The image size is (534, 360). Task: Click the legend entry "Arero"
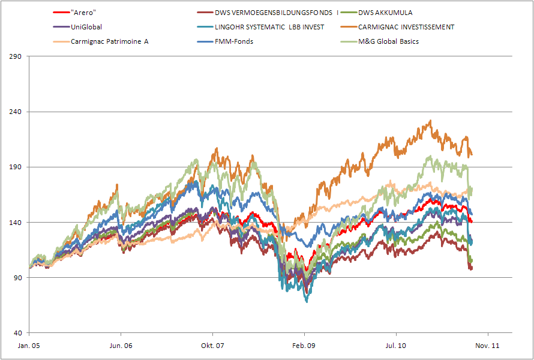tap(83, 13)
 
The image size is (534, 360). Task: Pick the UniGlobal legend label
tap(86, 27)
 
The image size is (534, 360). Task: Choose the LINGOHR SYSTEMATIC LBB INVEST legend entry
tap(269, 27)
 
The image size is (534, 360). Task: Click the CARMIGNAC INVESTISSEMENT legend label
tap(406, 27)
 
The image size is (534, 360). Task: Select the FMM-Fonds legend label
tap(235, 41)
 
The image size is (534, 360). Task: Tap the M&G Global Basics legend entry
tap(388, 41)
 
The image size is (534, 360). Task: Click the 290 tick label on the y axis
tap(16, 56)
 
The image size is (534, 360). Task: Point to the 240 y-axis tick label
tap(16, 112)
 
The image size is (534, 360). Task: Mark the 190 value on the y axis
tap(16, 167)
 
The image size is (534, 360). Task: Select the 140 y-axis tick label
tap(16, 223)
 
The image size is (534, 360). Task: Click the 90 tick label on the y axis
tap(18, 278)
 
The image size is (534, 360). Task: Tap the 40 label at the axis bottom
tap(18, 333)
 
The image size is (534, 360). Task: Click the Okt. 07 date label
tap(212, 346)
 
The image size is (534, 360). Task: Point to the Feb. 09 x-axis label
tap(304, 346)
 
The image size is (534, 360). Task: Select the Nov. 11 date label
tap(488, 346)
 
